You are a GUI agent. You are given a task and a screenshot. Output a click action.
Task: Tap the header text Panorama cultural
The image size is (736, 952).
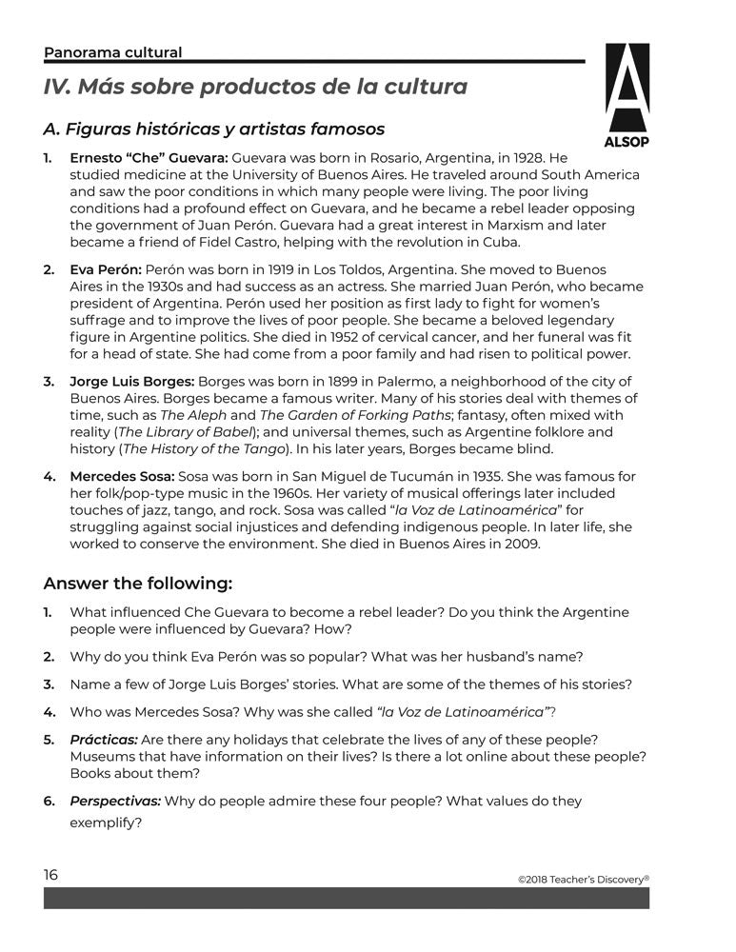[x=112, y=52]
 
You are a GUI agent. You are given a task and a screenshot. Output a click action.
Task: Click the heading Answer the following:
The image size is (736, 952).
[x=138, y=583]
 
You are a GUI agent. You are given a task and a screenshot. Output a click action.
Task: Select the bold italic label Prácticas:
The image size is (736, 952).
[x=104, y=739]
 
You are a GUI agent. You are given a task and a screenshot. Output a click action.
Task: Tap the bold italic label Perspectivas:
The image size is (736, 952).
[x=114, y=802]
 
